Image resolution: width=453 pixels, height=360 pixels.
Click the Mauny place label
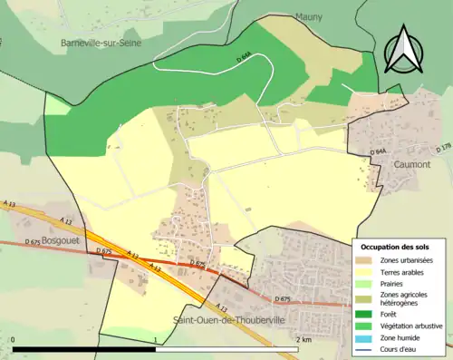point(309,16)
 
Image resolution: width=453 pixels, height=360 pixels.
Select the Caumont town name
point(411,164)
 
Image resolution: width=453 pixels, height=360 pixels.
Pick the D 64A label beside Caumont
point(378,152)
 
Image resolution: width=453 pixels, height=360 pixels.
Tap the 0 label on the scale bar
point(14,339)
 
